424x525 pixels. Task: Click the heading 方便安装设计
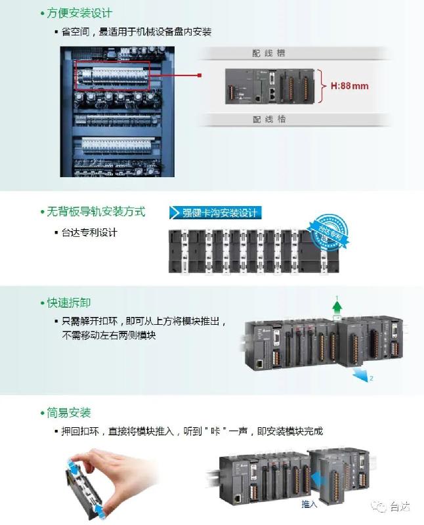79,12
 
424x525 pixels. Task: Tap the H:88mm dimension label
349,85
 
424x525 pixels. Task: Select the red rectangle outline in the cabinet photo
112,72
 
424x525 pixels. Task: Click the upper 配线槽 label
269,53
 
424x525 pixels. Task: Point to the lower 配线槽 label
269,119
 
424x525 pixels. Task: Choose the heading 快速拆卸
69,303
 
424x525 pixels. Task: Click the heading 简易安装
69,413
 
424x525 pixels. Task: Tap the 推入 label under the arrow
309,504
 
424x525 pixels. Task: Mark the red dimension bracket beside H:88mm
321,85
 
